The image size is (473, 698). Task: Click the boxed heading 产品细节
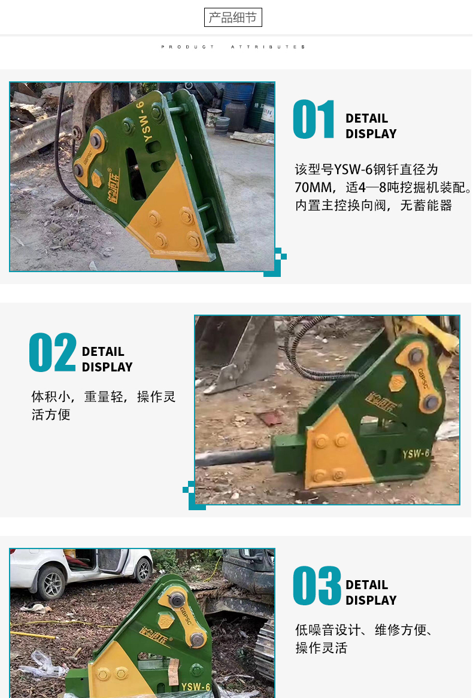[233, 17]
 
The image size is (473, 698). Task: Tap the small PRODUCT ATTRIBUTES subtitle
[233, 47]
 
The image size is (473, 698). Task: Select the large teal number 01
[314, 119]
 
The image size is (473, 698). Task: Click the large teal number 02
[53, 352]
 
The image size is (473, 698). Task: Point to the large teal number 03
[317, 586]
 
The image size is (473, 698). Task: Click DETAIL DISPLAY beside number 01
[371, 126]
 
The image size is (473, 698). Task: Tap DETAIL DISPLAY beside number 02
[107, 359]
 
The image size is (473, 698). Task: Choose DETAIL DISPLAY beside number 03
[371, 593]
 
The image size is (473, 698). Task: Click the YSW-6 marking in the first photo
[147, 120]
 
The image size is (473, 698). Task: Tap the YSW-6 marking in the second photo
[416, 453]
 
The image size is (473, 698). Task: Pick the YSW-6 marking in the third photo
[196, 687]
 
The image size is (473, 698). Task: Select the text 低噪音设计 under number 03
[328, 630]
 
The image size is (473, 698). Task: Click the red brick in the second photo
[269, 419]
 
